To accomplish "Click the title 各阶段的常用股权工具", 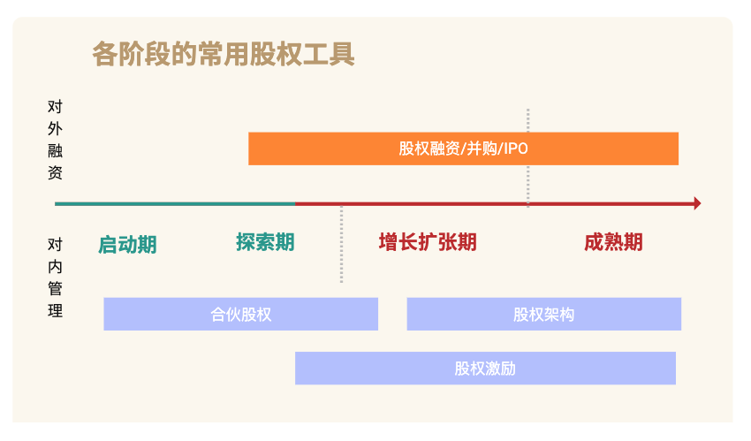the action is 224,54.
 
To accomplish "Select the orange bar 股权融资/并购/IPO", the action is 463,148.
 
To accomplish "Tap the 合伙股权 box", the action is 241,314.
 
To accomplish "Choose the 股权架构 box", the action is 544,314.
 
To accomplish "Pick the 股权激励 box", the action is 485,369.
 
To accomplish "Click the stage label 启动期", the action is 127,245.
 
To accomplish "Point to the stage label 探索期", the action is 265,242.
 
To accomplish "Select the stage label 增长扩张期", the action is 428,242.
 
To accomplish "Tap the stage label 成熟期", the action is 613,242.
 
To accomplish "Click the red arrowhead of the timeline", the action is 697,203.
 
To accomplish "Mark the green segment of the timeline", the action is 175,204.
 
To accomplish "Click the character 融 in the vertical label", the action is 55,150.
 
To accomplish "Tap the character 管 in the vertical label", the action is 55,288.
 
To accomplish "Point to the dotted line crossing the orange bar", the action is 527,158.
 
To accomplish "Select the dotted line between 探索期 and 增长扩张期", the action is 342,244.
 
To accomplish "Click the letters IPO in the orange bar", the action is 516,148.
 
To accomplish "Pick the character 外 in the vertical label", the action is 55,128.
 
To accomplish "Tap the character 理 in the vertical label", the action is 55,311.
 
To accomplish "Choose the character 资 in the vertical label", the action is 55,172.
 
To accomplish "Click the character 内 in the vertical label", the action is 55,266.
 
